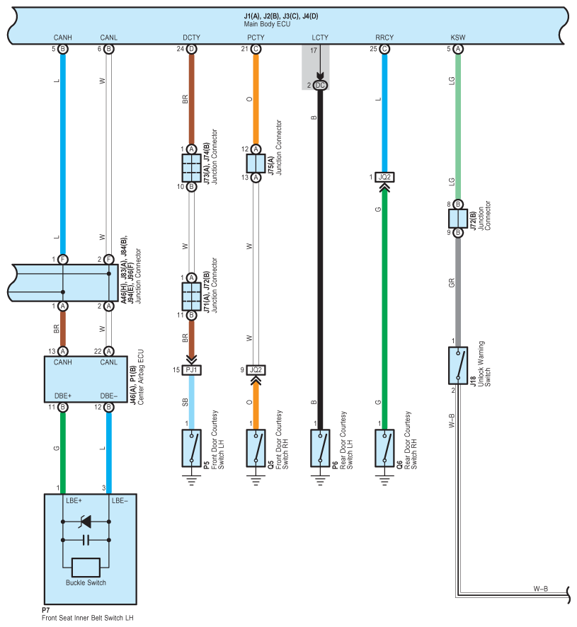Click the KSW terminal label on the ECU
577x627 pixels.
pyautogui.click(x=458, y=38)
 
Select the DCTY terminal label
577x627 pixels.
pyautogui.click(x=191, y=38)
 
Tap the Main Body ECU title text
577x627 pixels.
pyautogui.click(x=267, y=24)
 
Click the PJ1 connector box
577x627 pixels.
pyautogui.click(x=192, y=370)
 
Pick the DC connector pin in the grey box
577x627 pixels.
pyautogui.click(x=320, y=85)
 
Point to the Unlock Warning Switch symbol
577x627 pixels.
pyautogui.click(x=458, y=365)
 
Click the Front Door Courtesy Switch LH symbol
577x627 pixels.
pyautogui.click(x=192, y=448)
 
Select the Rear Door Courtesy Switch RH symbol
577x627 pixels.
pyautogui.click(x=384, y=448)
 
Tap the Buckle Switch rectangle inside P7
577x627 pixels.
pyautogui.click(x=86, y=568)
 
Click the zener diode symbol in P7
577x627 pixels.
pyautogui.click(x=86, y=522)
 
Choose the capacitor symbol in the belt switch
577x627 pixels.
pyautogui.click(x=86, y=540)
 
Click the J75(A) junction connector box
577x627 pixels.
pyautogui.click(x=256, y=163)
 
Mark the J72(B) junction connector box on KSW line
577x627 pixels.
pyautogui.click(x=458, y=219)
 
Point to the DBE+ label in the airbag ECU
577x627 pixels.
pyautogui.click(x=63, y=396)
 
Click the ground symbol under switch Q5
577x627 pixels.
pyautogui.click(x=256, y=480)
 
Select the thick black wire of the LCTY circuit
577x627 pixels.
pyautogui.click(x=320, y=260)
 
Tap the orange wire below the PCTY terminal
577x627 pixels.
pyautogui.click(x=256, y=99)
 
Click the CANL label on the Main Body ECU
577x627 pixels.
pyautogui.click(x=109, y=38)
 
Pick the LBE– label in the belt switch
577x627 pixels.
pyautogui.click(x=120, y=500)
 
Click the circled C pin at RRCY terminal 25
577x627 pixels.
pyautogui.click(x=384, y=49)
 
